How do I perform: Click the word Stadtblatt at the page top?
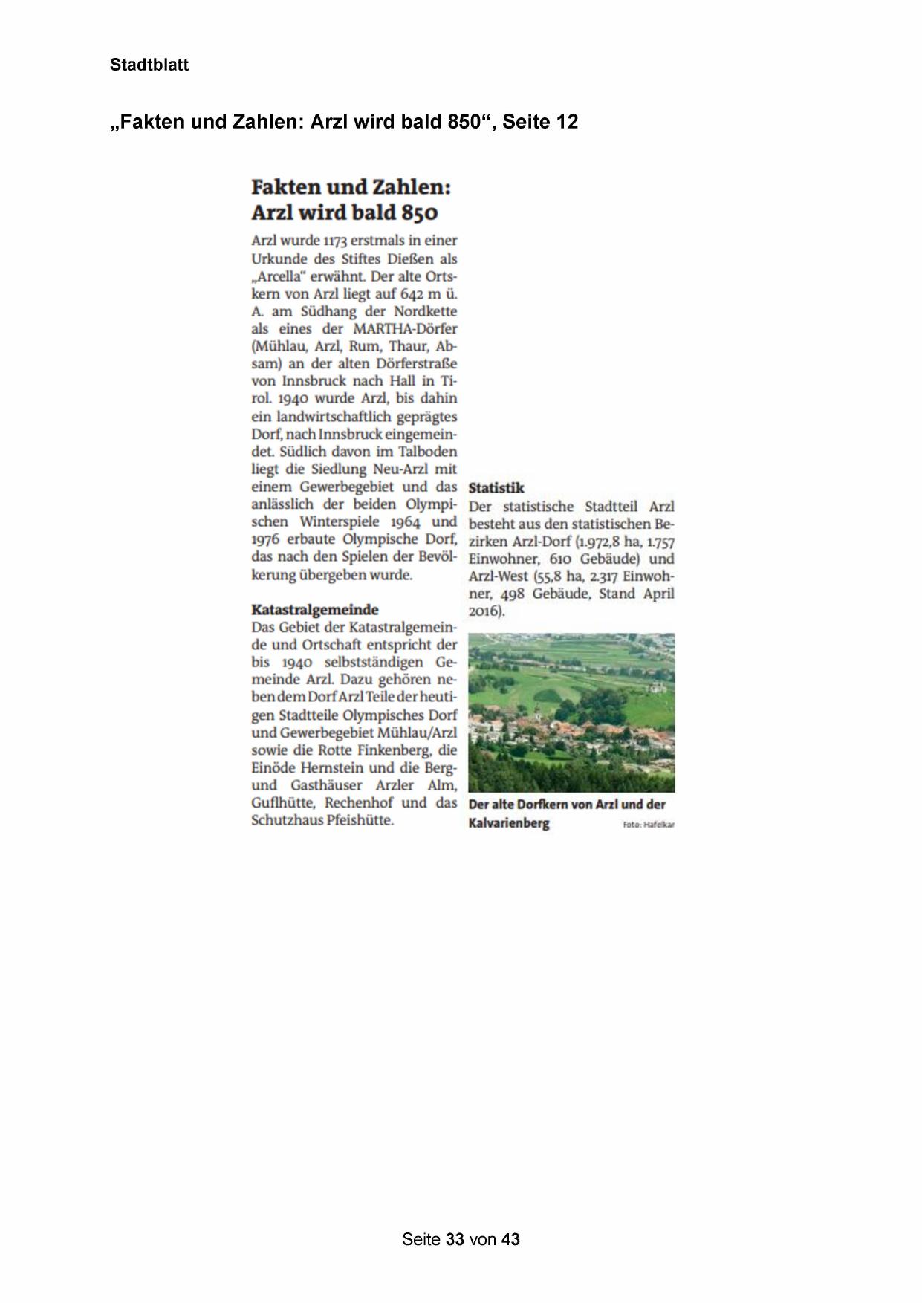click(149, 65)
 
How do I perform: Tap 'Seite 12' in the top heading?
click(541, 122)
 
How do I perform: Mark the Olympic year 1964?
click(406, 521)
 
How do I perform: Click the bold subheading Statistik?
click(496, 488)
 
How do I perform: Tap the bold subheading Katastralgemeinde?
click(315, 610)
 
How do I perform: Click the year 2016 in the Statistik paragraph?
click(484, 611)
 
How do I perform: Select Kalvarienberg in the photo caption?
click(509, 823)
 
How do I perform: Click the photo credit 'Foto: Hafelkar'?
click(648, 825)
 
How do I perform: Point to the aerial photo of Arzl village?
click(571, 712)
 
